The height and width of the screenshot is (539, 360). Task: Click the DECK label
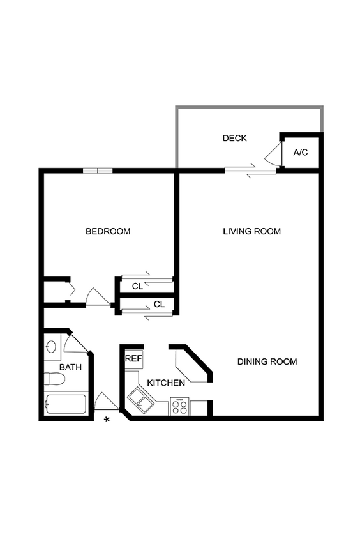pyautogui.click(x=234, y=138)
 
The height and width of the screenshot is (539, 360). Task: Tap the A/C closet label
pyautogui.click(x=301, y=153)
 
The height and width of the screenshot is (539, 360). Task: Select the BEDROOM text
pyautogui.click(x=108, y=231)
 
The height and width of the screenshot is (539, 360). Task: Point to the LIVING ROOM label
pyautogui.click(x=251, y=231)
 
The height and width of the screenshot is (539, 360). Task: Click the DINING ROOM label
pyautogui.click(x=267, y=361)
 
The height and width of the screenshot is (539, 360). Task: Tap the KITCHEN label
pyautogui.click(x=166, y=383)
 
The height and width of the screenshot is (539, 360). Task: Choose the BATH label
pyautogui.click(x=70, y=367)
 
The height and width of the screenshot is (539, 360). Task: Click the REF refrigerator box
pyautogui.click(x=133, y=359)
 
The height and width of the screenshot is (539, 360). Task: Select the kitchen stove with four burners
pyautogui.click(x=179, y=407)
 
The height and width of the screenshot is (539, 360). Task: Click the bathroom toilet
pyautogui.click(x=55, y=379)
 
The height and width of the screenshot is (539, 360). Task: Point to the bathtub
pyautogui.click(x=65, y=404)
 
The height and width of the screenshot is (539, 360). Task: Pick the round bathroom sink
pyautogui.click(x=51, y=347)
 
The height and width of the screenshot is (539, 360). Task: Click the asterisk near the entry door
pyautogui.click(x=107, y=420)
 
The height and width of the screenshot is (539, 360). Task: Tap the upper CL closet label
pyautogui.click(x=137, y=286)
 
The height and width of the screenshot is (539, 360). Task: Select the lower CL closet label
pyautogui.click(x=159, y=304)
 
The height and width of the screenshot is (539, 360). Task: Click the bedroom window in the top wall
pyautogui.click(x=98, y=171)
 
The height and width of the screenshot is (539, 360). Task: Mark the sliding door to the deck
pyautogui.click(x=250, y=170)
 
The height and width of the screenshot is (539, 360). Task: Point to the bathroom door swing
pyautogui.click(x=75, y=344)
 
